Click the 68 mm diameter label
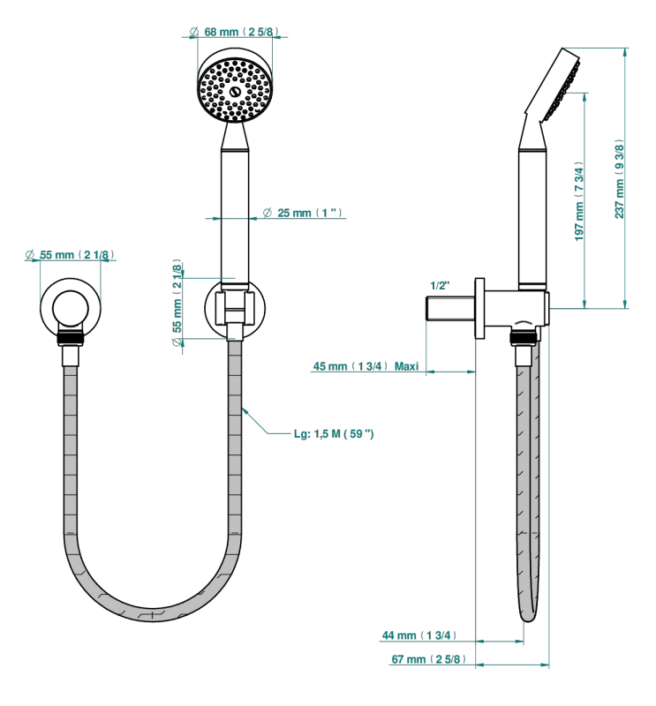[234, 32]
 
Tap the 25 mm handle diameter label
[303, 213]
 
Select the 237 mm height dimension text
[620, 179]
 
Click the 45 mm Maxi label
[366, 366]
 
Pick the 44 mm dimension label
[419, 635]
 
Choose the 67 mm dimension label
[428, 659]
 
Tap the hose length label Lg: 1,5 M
[334, 434]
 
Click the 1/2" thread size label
[440, 285]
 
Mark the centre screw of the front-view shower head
[234, 91]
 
